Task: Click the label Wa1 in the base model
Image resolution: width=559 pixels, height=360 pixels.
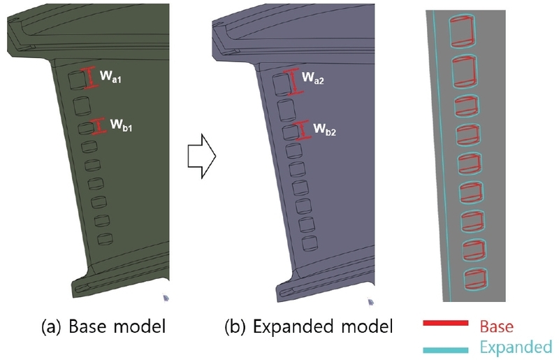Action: pyautogui.click(x=111, y=80)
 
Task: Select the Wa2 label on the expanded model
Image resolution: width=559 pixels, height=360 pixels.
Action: pyautogui.click(x=314, y=81)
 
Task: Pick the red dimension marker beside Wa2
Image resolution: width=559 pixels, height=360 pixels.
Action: pyautogui.click(x=295, y=80)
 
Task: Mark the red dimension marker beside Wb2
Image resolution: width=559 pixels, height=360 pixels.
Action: pyautogui.click(x=304, y=129)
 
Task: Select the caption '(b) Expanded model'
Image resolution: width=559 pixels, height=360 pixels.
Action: pyautogui.click(x=308, y=326)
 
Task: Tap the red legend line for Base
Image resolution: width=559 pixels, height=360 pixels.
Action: pyautogui.click(x=444, y=324)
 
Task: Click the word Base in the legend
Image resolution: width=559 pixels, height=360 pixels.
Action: pyautogui.click(x=496, y=326)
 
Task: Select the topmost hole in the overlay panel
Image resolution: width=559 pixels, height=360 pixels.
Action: pyautogui.click(x=464, y=31)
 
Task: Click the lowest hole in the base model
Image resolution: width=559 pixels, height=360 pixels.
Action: pyautogui.click(x=106, y=239)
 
